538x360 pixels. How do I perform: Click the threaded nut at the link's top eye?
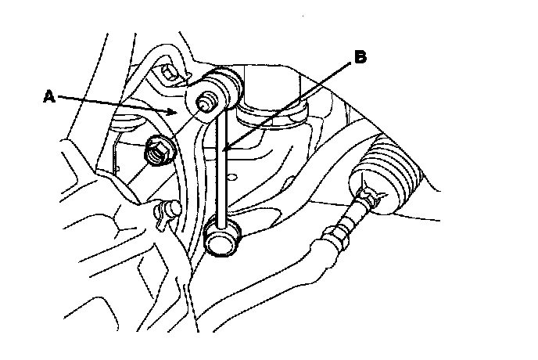coord(206,102)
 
